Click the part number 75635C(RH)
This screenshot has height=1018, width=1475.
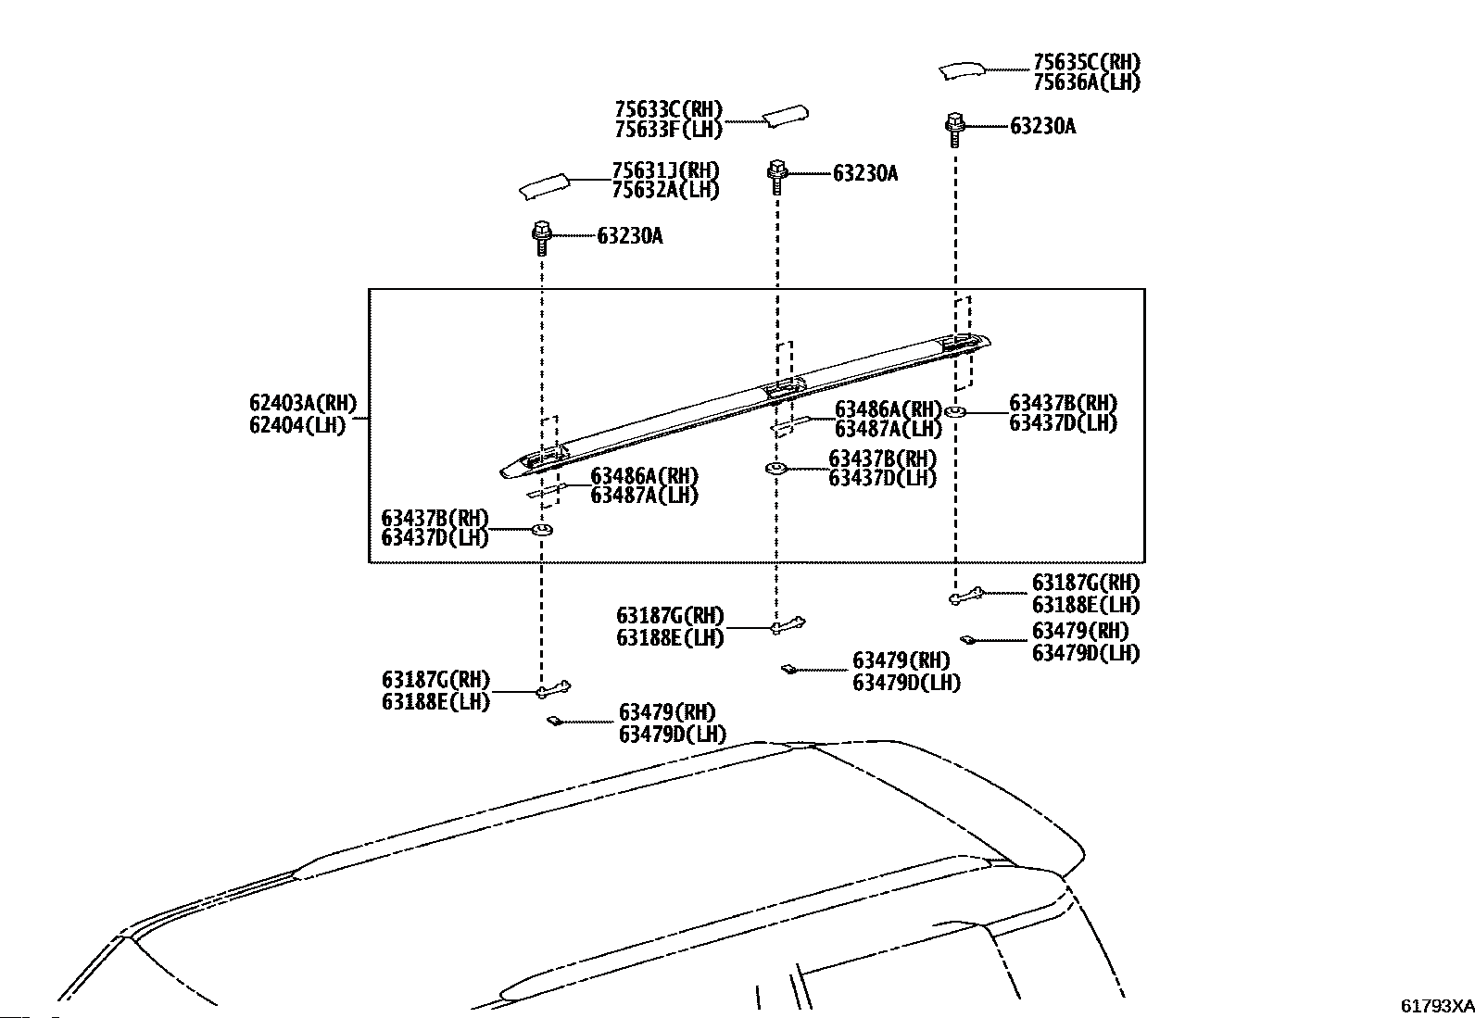1087,63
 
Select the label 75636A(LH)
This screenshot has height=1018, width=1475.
1087,82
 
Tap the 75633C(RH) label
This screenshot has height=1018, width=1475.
668,110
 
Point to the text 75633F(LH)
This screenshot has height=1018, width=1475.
668,130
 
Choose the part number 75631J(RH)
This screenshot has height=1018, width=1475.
665,170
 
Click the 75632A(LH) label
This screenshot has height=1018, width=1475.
665,190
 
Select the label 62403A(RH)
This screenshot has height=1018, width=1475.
302,403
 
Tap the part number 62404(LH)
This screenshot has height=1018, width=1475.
296,425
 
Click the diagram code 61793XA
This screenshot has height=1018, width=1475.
1436,1006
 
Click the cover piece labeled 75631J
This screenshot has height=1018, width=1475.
543,186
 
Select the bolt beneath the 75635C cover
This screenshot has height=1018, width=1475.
955,128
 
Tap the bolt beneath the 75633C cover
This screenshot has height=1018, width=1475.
776,174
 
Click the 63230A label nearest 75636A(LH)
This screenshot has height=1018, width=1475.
1042,127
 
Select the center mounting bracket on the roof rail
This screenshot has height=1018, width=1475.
784,388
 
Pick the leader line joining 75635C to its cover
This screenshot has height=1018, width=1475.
1008,69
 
